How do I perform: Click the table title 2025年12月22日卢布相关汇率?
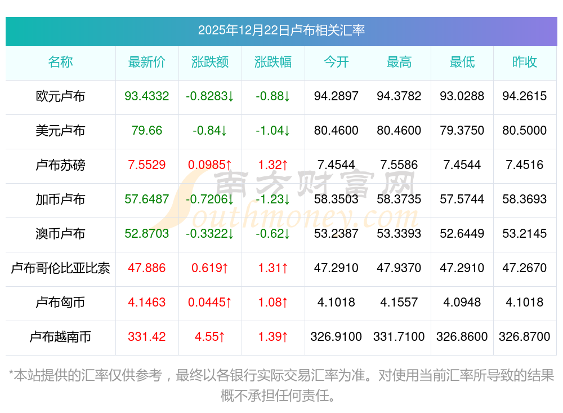click(x=281, y=30)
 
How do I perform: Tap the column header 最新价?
click(x=147, y=63)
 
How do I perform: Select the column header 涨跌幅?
click(x=273, y=63)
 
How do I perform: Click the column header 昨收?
click(x=525, y=63)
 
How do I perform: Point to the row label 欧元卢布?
click(x=60, y=96)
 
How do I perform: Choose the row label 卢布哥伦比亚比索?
click(x=60, y=268)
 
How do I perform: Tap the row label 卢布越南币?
click(x=60, y=337)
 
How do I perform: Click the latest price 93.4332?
click(x=147, y=96)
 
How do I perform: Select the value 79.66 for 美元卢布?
click(x=147, y=131)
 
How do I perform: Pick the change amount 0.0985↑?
click(x=210, y=165)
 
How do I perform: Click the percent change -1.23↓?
click(x=273, y=199)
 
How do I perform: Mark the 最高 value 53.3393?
click(x=399, y=234)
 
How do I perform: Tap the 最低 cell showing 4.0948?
click(x=462, y=303)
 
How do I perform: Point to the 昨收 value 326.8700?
click(x=525, y=337)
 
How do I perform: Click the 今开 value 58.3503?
click(x=336, y=199)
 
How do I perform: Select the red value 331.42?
click(x=147, y=337)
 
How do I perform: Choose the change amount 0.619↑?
click(x=210, y=268)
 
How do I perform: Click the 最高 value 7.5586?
click(x=399, y=165)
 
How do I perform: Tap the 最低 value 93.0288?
click(x=462, y=96)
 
